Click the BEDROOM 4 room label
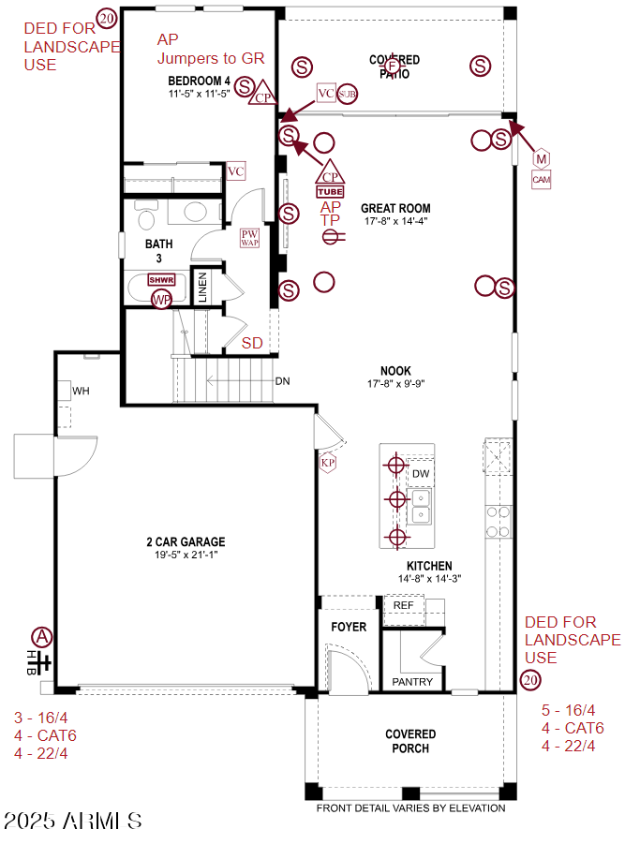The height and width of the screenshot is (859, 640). tap(199, 81)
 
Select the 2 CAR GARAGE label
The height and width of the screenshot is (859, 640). tap(186, 541)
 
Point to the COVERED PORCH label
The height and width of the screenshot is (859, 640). tap(410, 741)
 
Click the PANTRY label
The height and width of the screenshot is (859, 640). tap(412, 682)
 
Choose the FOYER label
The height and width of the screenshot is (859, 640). tap(349, 627)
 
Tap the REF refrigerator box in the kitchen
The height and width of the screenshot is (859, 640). tap(403, 606)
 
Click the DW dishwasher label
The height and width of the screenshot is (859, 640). tap(421, 474)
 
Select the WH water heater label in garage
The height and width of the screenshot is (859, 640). tap(81, 390)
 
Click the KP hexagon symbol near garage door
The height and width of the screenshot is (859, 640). tap(328, 463)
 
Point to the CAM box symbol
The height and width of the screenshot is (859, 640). tap(542, 179)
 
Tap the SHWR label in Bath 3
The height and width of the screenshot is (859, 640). tap(162, 280)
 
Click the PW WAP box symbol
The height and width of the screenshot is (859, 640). tap(249, 238)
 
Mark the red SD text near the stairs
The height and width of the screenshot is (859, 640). tap(252, 343)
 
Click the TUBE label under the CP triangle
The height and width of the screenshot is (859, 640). tap(330, 192)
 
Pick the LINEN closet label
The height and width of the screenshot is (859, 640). tap(202, 288)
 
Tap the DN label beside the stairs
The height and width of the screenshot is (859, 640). tap(282, 381)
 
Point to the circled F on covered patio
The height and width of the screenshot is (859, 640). tap(394, 67)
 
